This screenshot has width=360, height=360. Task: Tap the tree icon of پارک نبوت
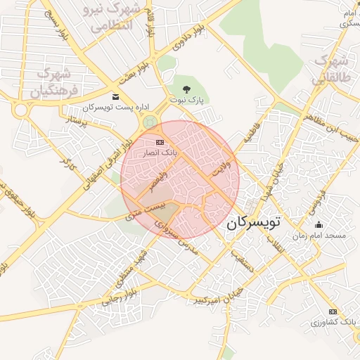[x=186, y=89]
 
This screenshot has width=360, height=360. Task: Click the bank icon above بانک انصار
[x=160, y=142]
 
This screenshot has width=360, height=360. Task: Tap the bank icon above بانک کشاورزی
[x=333, y=311]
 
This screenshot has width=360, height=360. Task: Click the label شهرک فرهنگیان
[x=51, y=82]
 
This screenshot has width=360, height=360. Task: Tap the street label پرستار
[x=75, y=123]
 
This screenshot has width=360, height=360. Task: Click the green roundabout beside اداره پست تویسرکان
[x=149, y=122]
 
